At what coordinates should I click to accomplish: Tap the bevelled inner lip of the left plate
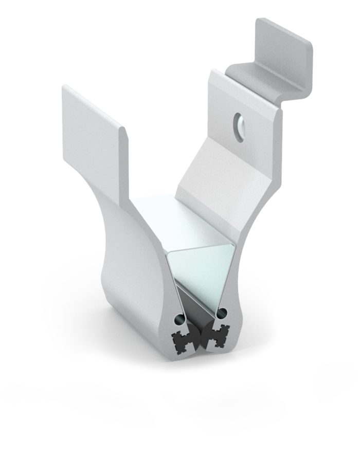pyautogui.click(x=123, y=154)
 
